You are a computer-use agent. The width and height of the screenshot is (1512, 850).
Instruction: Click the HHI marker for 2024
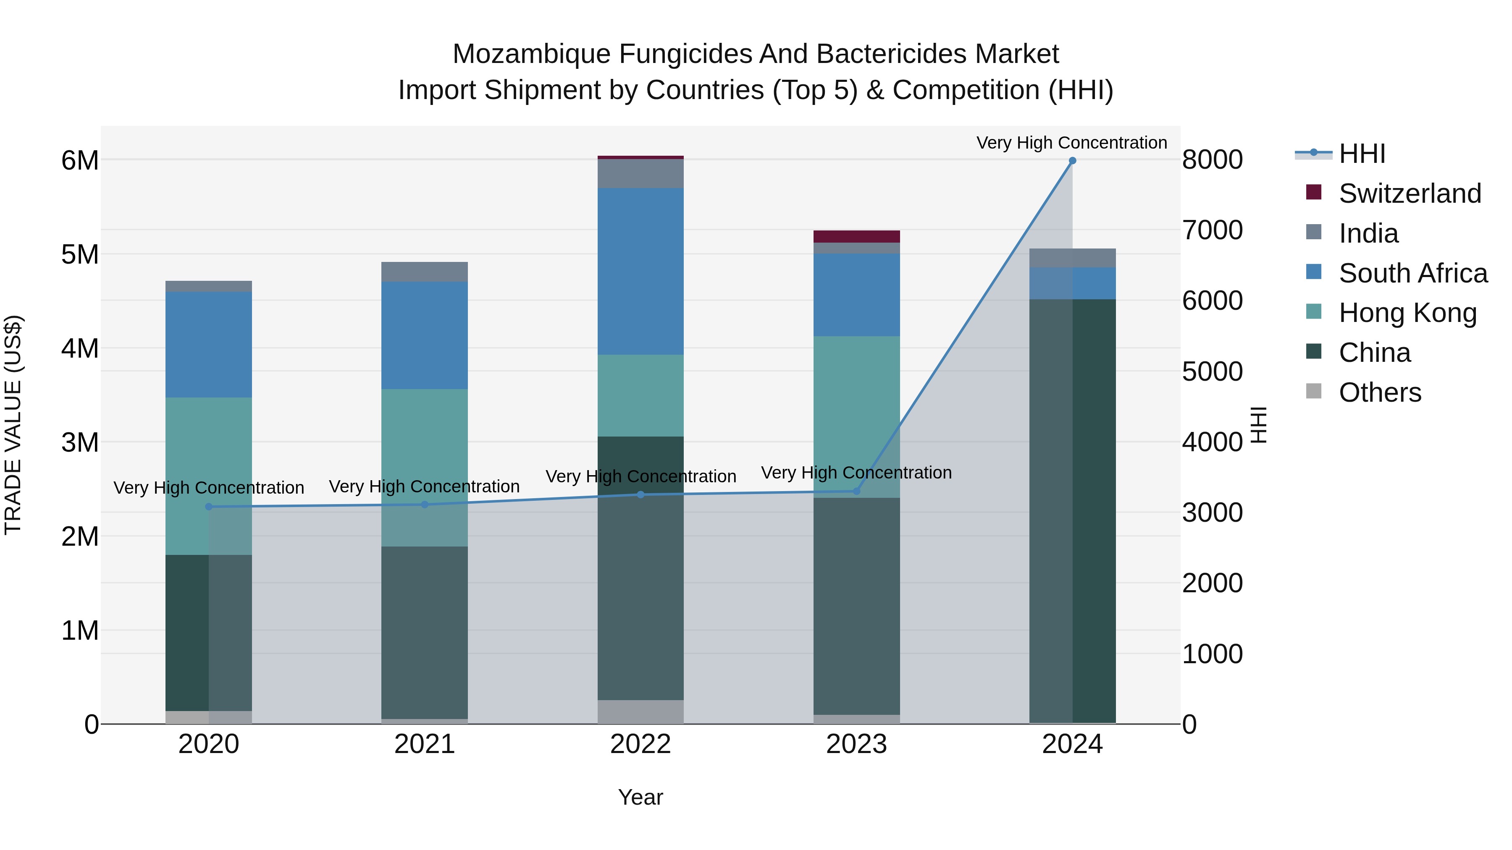click(1072, 161)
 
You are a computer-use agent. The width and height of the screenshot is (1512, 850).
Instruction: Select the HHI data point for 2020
click(209, 507)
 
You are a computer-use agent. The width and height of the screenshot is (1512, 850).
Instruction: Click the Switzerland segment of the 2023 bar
click(856, 236)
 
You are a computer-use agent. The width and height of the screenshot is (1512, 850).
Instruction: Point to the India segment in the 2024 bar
click(1072, 258)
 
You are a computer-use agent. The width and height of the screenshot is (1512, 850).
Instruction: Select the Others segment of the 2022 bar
click(640, 711)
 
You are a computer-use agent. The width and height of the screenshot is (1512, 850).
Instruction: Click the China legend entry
click(1374, 353)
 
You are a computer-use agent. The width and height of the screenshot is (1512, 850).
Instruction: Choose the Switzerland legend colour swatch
click(1314, 192)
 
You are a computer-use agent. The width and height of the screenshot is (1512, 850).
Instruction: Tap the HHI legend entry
click(1362, 154)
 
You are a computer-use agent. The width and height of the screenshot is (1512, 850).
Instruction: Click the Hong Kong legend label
click(1407, 313)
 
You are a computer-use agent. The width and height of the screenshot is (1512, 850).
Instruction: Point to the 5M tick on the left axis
click(80, 255)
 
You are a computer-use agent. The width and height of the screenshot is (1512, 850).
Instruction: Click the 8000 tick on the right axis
click(1212, 160)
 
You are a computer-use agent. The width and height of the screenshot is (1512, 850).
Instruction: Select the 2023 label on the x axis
click(856, 744)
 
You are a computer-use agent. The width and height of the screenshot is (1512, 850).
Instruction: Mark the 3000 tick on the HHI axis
click(1212, 513)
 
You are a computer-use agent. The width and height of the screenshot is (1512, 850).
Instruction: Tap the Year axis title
click(640, 797)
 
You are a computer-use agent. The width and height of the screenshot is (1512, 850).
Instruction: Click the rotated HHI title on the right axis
click(1258, 425)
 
